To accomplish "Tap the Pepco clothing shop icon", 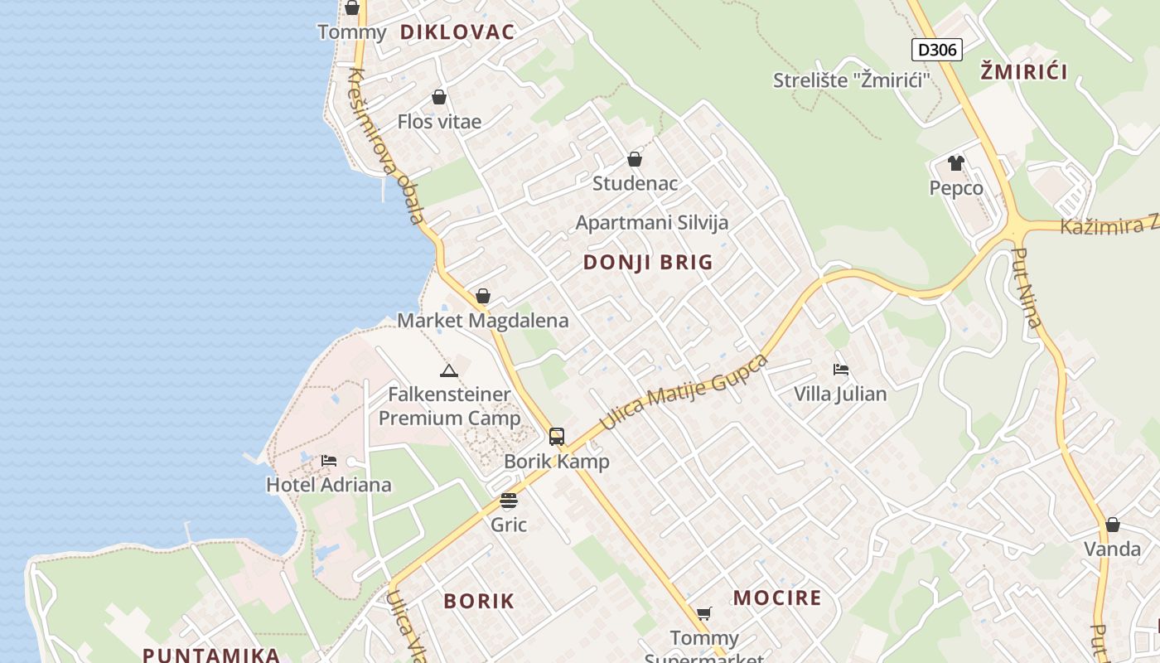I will coord(956,163).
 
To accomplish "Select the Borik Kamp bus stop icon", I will coord(557,437).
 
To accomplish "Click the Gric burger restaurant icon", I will coord(509,501).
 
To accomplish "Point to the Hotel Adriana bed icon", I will coord(329,460).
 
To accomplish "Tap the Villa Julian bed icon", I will coord(841,369).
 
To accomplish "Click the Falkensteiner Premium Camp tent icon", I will coord(449,370).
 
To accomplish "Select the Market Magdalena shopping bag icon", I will coord(483,296).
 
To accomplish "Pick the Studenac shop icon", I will coord(635,159).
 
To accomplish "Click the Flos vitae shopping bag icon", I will coord(439,97).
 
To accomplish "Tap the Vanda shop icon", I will coord(1113,525).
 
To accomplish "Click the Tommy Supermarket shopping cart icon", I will coord(704,613).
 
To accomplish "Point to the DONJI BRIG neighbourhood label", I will coord(648,263).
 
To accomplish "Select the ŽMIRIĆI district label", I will coord(1024,72).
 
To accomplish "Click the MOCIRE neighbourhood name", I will coord(777,598).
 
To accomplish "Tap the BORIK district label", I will coord(479,601).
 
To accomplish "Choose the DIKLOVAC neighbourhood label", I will coord(457,32).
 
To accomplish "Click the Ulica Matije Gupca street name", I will coord(684,392).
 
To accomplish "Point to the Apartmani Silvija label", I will coord(652,222).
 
